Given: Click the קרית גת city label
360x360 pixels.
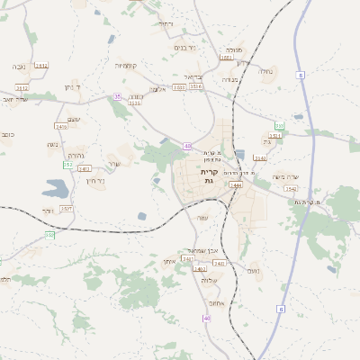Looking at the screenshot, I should coord(209,176).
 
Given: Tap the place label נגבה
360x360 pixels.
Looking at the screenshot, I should coord(19,67).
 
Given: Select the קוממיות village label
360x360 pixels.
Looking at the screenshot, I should coord(125,65).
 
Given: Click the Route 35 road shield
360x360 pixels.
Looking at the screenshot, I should coord(116,96).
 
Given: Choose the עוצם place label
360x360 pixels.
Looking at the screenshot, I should coord(74,130).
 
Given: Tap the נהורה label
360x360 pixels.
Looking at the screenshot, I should coord(76,155).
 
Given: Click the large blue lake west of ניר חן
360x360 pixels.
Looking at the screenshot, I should coord(54,189).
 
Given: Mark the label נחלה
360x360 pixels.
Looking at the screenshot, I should coord(265,71).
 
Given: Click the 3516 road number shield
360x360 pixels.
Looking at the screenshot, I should coord(196,87).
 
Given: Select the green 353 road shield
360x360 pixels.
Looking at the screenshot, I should coord(67,165).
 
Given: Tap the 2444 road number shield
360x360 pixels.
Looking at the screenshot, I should coord(236,184).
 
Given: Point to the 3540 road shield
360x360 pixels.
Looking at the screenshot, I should coord(290,189).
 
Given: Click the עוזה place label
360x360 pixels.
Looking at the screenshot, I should coord(202,217).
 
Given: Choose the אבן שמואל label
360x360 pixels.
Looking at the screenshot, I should coord(206,250).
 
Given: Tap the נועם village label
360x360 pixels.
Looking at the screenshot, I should coord(254,271).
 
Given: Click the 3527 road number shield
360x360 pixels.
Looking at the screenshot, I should coord(67,208).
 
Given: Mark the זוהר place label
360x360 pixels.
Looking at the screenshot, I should coord(47,211).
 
